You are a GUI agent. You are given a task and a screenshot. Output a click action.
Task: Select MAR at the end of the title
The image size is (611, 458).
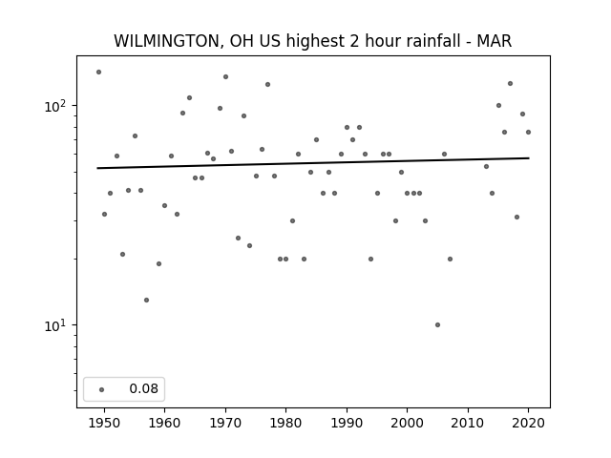point(495,41)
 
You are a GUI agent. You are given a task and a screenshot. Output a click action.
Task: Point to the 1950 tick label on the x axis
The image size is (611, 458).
point(104,423)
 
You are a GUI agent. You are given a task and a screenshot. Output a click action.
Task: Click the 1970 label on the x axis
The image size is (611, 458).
point(225,423)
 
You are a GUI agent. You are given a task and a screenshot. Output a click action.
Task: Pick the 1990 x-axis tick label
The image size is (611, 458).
point(347,423)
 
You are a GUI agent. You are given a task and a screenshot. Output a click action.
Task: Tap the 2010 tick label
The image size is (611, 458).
point(468,423)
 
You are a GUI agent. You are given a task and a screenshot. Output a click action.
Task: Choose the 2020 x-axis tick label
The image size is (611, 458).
point(528,423)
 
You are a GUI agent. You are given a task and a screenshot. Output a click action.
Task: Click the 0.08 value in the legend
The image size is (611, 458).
point(143,388)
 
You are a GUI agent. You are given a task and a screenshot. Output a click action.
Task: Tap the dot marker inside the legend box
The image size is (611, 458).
point(102,389)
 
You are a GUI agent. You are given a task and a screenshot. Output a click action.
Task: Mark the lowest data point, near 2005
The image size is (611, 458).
point(437,324)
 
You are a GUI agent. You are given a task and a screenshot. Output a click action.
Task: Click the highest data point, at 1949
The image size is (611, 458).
point(98,73)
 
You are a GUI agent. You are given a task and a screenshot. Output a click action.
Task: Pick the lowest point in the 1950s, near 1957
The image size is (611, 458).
point(146,300)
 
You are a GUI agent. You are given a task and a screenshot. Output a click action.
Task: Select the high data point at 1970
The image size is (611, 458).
point(225,76)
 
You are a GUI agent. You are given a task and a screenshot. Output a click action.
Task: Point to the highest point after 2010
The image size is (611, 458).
point(510,83)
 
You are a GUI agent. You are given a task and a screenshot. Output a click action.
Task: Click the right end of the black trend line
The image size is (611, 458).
point(529,158)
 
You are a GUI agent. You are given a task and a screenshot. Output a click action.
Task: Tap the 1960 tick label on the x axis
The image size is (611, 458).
point(164,423)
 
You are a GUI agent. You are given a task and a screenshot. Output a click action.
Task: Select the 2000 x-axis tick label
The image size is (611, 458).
point(408,423)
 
